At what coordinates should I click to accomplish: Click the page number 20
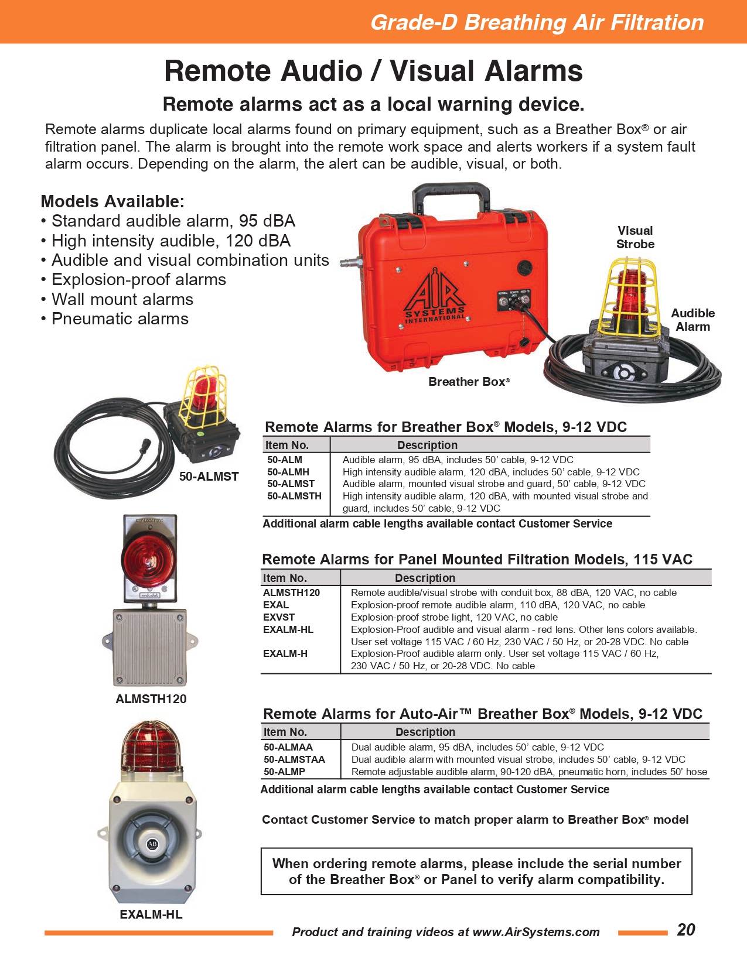[686, 930]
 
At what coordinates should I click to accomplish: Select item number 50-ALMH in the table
[288, 472]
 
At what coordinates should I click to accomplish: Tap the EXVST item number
[279, 617]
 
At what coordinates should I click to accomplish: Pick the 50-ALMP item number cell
[284, 772]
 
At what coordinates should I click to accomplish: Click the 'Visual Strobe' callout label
[635, 237]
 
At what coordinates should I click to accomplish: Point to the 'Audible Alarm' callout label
[693, 320]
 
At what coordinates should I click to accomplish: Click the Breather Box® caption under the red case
[469, 382]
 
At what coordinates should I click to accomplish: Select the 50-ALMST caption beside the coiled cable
[209, 477]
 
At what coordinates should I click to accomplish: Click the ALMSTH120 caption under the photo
[151, 698]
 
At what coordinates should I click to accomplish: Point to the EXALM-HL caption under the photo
[151, 914]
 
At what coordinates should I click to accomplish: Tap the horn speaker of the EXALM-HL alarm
[152, 843]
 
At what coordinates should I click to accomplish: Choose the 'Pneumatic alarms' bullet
[120, 318]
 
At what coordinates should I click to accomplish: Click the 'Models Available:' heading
[112, 201]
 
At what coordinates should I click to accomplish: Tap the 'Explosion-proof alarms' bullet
[139, 279]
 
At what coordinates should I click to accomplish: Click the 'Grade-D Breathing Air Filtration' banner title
[537, 22]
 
